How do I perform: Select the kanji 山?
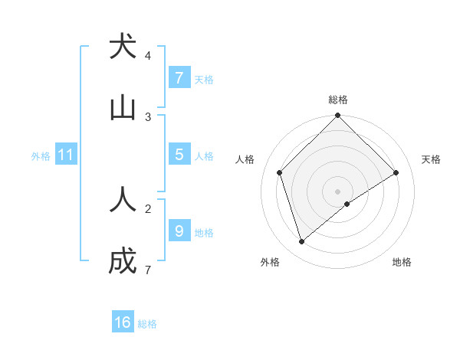(123, 108)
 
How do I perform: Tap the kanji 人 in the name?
(123, 199)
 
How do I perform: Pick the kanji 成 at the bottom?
(123, 261)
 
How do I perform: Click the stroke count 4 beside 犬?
(148, 55)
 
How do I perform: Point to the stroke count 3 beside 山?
(148, 116)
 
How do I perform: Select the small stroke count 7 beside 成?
(148, 270)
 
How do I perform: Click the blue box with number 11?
(66, 155)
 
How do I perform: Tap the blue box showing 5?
(179, 155)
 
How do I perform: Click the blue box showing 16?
(123, 322)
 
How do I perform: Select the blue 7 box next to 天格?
(179, 78)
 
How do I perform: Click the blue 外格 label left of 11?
(41, 156)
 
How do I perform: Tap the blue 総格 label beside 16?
(147, 324)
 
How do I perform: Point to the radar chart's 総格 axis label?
(338, 100)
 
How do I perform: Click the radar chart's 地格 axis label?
(402, 263)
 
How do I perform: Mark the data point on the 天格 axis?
(396, 172)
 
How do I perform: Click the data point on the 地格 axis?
(347, 204)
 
